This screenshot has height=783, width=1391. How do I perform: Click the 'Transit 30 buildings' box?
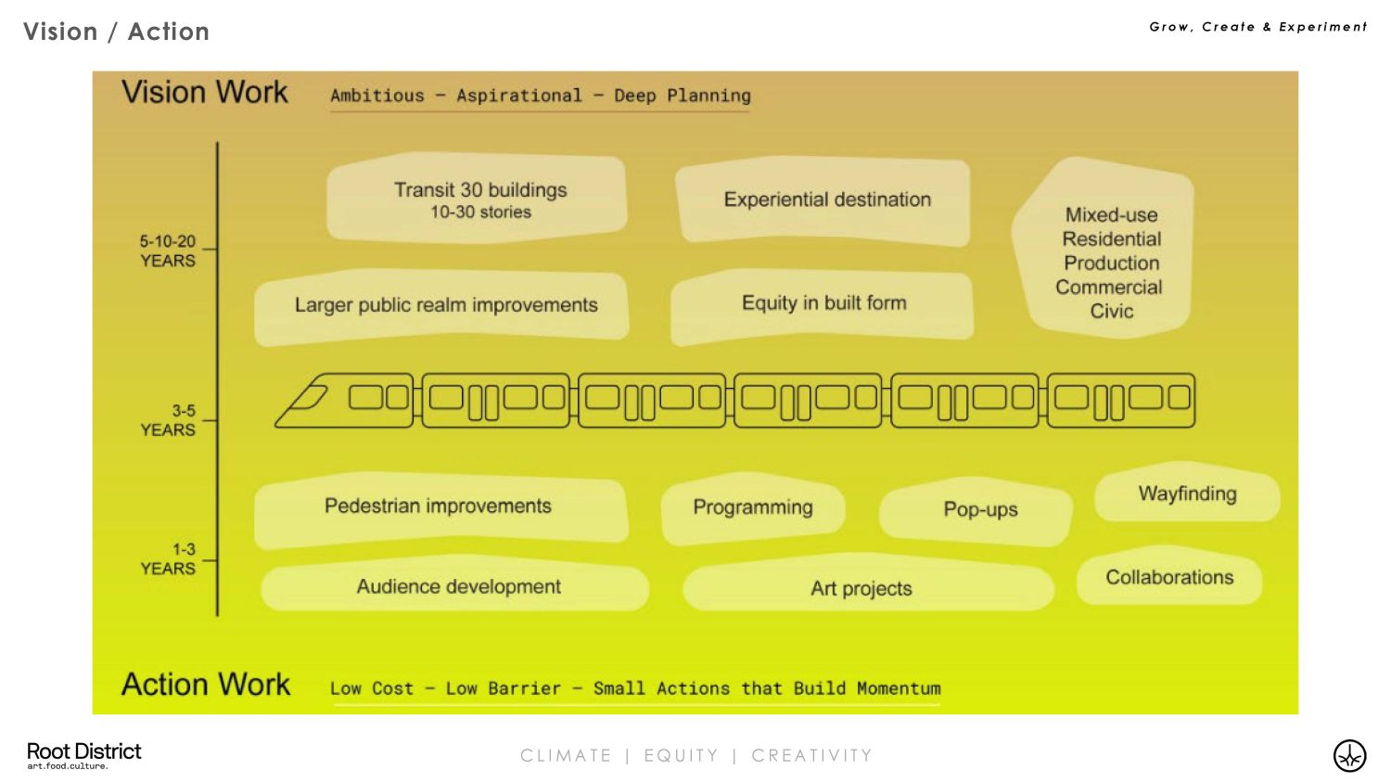click(x=478, y=199)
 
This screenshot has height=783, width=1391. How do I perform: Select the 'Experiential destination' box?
click(x=825, y=200)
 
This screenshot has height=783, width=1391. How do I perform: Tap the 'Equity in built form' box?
click(x=823, y=303)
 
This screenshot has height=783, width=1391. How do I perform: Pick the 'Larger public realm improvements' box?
click(x=444, y=305)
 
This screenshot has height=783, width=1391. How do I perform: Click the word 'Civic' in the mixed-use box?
click(x=1111, y=312)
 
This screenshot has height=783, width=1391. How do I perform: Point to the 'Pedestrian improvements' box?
click(x=439, y=507)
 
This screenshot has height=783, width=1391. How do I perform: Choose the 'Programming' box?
click(x=752, y=508)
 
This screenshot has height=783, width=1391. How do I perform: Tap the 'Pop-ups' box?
click(x=979, y=510)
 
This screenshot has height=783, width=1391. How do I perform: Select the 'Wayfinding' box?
click(x=1187, y=494)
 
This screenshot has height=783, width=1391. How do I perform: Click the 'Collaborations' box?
click(x=1168, y=578)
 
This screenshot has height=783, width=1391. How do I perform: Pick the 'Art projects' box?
click(x=861, y=589)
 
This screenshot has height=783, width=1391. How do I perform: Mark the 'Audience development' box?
click(x=458, y=587)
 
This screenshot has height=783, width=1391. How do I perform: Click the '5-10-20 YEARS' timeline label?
click(x=168, y=251)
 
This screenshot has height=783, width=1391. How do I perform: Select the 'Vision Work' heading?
click(x=205, y=93)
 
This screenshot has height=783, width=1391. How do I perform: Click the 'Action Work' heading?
click(x=206, y=685)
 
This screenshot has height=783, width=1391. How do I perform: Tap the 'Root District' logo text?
click(x=83, y=751)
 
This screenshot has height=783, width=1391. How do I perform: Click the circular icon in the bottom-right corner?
click(x=1349, y=755)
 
